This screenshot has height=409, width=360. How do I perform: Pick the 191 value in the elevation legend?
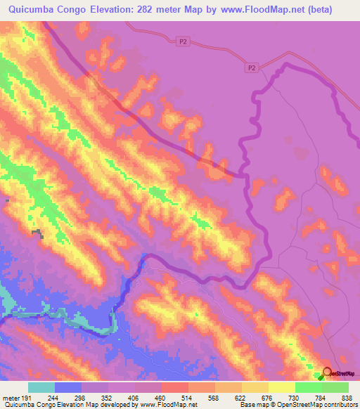(27, 398)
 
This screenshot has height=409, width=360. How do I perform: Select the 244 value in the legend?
(53, 398)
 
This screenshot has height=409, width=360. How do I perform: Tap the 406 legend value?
(134, 398)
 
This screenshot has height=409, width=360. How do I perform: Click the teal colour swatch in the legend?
(41, 387)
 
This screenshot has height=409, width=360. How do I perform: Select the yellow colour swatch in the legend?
(282, 387)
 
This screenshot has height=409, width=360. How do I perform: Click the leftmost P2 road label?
(183, 42)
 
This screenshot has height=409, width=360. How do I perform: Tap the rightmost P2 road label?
(252, 68)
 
